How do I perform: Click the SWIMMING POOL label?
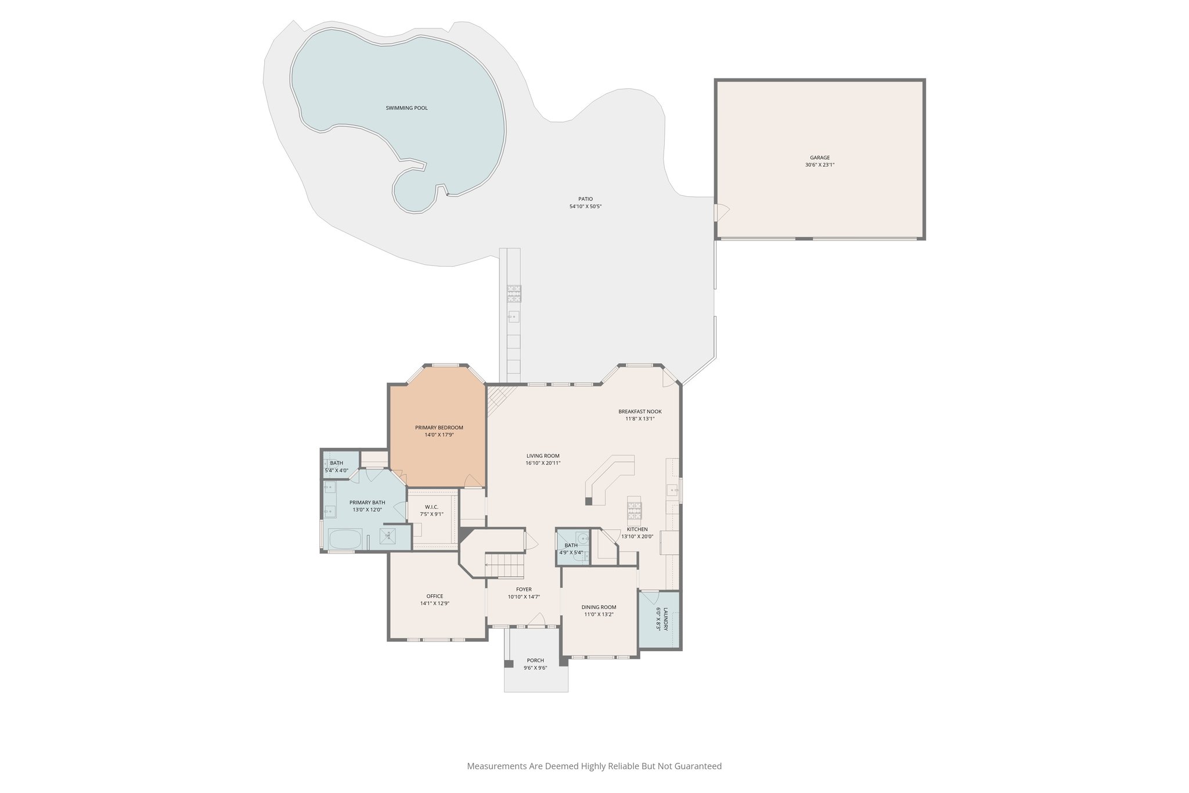pyautogui.click(x=406, y=108)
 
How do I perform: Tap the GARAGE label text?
pyautogui.click(x=820, y=157)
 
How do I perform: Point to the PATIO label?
pyautogui.click(x=585, y=199)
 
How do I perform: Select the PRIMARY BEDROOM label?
pyautogui.click(x=439, y=428)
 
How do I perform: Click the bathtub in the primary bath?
pyautogui.click(x=345, y=540)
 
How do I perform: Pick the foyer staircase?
pyautogui.click(x=505, y=565)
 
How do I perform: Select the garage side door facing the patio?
pyautogui.click(x=721, y=212)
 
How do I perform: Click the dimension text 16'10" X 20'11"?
pyautogui.click(x=543, y=463)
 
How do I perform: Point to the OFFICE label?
pyautogui.click(x=435, y=596)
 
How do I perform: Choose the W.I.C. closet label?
pyautogui.click(x=431, y=507)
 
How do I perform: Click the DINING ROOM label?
pyautogui.click(x=599, y=607)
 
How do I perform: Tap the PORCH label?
pyautogui.click(x=535, y=661)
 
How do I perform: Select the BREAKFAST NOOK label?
pyautogui.click(x=640, y=411)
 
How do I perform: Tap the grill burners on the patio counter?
pyautogui.click(x=514, y=293)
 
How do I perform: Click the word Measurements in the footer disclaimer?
pyautogui.click(x=497, y=766)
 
